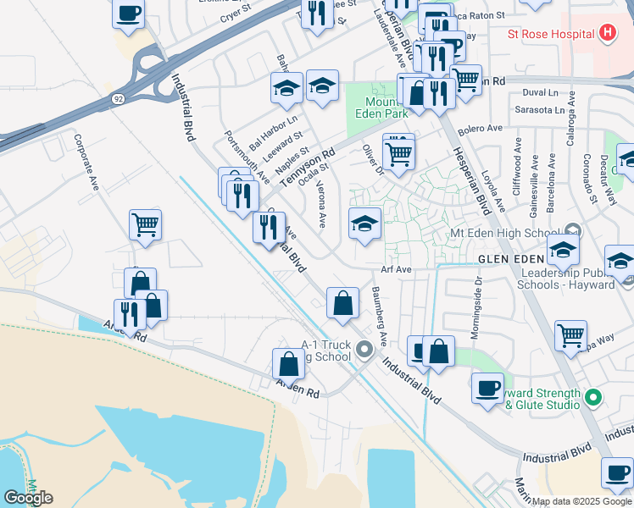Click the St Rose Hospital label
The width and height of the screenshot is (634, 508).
pyautogui.click(x=549, y=35)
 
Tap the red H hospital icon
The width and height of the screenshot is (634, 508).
pyautogui.click(x=607, y=34)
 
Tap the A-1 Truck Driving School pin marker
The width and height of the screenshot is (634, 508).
pyautogui.click(x=364, y=349)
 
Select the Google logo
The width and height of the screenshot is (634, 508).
pyautogui.click(x=28, y=497)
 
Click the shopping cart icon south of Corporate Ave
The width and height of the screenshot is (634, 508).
pyautogui.click(x=146, y=224)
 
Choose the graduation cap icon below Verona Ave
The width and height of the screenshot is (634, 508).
pyautogui.click(x=364, y=224)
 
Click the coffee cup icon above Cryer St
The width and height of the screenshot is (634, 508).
pyautogui.click(x=128, y=14)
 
